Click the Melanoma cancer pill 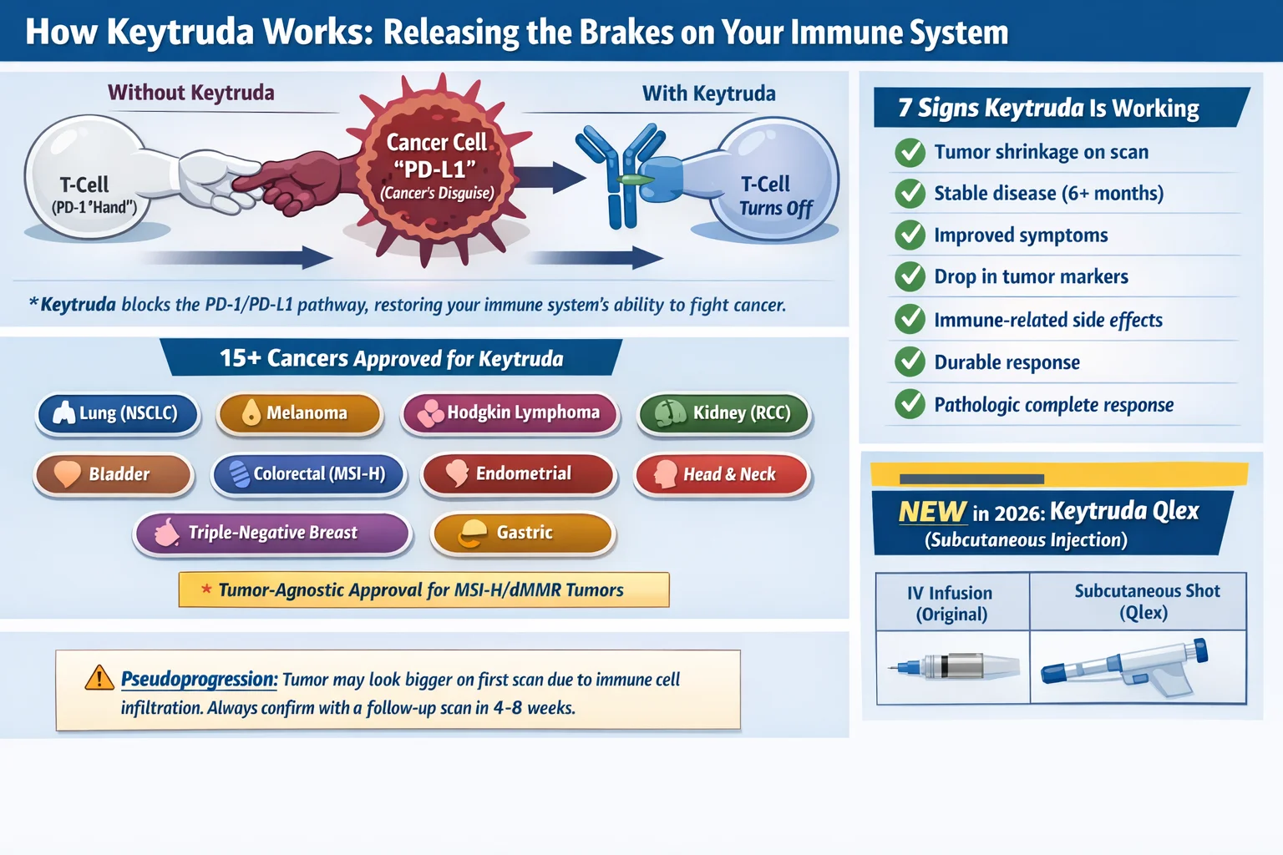[299, 413]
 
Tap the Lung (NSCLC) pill [118, 413]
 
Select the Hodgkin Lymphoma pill [510, 413]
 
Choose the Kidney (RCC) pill [724, 413]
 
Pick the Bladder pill [114, 474]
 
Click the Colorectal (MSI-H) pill [309, 474]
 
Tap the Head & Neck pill [722, 474]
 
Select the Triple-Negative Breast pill [272, 534]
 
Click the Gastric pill [522, 534]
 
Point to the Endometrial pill [519, 473]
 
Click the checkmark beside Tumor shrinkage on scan [910, 152]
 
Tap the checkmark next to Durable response [910, 362]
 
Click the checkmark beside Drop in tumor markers [910, 277]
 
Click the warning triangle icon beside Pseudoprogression [99, 678]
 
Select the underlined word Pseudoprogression [200, 680]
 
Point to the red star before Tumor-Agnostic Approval [206, 589]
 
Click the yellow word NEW [932, 511]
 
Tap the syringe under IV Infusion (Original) [954, 666]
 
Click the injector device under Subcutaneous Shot [1123, 667]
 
